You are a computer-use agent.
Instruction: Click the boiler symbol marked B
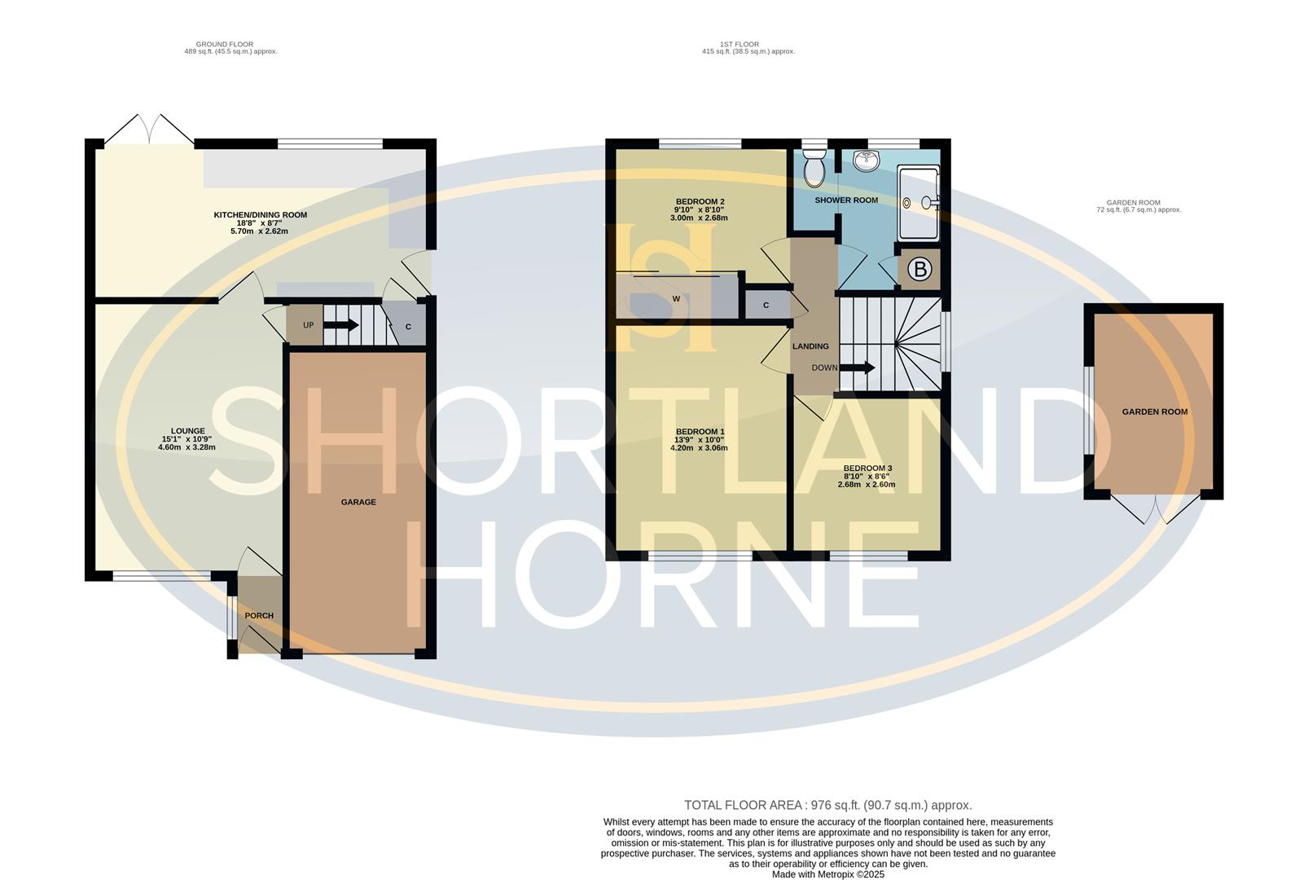[920, 270]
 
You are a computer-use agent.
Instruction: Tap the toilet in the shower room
[814, 169]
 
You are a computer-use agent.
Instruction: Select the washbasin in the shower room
[867, 161]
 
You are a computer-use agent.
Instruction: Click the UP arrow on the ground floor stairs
[340, 325]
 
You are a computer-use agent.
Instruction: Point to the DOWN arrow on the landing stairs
[857, 367]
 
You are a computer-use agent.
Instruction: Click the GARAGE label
[358, 502]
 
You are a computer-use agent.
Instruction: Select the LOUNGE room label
[187, 431]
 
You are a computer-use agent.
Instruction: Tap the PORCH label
[259, 615]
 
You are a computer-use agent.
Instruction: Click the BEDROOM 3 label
[867, 469]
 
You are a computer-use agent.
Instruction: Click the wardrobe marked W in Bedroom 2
[676, 299]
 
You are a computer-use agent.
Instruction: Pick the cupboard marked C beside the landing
[766, 306]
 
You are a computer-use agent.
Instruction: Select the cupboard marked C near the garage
[408, 327]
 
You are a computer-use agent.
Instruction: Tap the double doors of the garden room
[1156, 509]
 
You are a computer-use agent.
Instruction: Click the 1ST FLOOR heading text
[739, 44]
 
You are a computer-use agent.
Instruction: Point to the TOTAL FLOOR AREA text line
[827, 805]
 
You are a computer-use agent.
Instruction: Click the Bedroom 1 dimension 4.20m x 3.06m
[698, 448]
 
